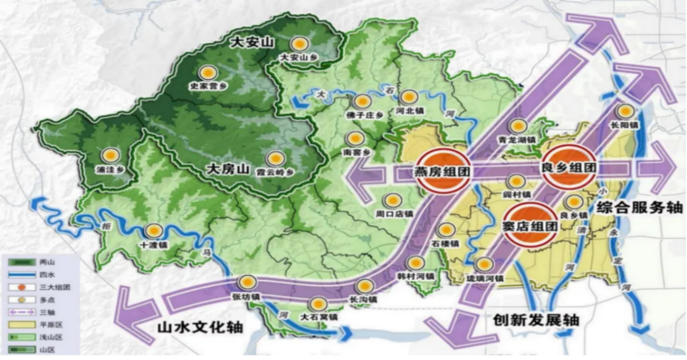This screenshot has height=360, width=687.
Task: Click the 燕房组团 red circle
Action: click(x=444, y=170)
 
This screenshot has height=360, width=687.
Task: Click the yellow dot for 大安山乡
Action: click(x=300, y=44)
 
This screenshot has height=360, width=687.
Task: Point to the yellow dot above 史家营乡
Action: click(x=207, y=73)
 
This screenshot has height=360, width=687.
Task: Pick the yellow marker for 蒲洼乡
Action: click(x=111, y=155)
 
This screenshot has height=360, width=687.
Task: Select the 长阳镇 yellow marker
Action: click(x=627, y=111)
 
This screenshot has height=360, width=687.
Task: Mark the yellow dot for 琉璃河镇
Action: click(x=485, y=265)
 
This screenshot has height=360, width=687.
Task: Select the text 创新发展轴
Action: click(x=535, y=320)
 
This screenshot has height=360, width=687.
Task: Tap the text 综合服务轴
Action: click(x=639, y=207)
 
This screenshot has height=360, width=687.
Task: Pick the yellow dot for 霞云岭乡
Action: click(x=275, y=158)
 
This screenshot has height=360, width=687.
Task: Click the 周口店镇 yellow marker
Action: click(x=393, y=200)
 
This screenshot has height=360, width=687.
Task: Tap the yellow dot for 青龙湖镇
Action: click(x=518, y=126)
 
